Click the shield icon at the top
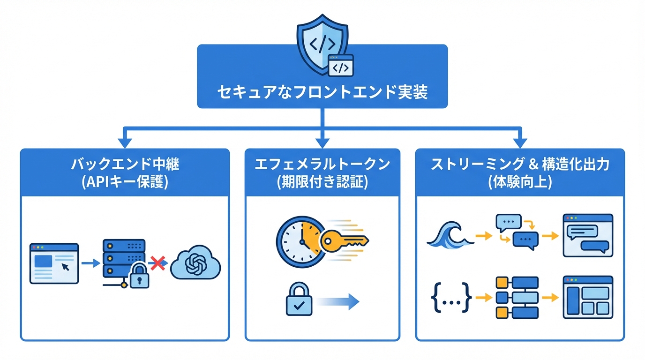(x=323, y=44)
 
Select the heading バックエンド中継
(x=125, y=165)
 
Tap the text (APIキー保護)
(x=125, y=182)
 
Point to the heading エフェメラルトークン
(x=322, y=165)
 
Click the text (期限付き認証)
(x=322, y=182)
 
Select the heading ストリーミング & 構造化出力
(x=520, y=165)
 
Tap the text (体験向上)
(x=520, y=182)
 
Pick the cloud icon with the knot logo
(x=195, y=264)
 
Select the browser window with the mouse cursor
(x=54, y=263)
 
